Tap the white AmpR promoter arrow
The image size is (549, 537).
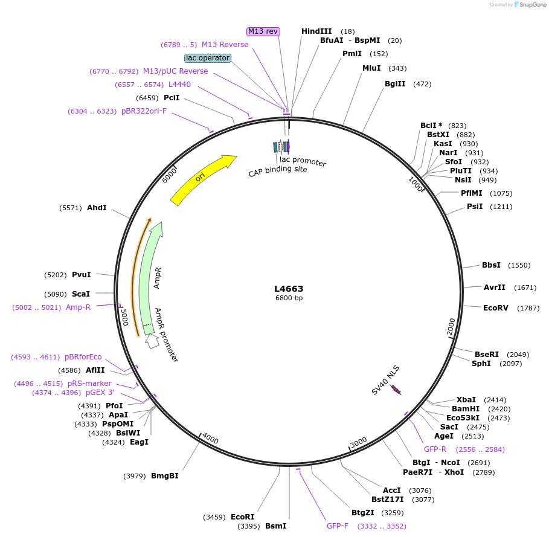click(x=152, y=341)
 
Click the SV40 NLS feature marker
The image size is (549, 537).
click(x=396, y=390)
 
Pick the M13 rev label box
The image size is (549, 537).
click(x=263, y=31)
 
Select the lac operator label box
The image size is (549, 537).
click(x=208, y=58)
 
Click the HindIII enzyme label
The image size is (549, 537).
click(x=316, y=31)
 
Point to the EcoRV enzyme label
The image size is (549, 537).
click(x=496, y=308)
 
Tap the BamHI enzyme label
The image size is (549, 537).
click(x=466, y=409)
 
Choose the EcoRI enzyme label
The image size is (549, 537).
click(x=243, y=517)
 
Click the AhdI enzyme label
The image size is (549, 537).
click(x=97, y=208)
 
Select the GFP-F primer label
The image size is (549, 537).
click(x=338, y=526)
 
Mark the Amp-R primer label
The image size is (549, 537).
click(x=78, y=307)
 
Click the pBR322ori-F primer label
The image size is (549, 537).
click(x=144, y=111)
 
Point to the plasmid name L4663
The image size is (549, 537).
click(x=289, y=289)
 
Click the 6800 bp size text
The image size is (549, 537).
click(x=289, y=298)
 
